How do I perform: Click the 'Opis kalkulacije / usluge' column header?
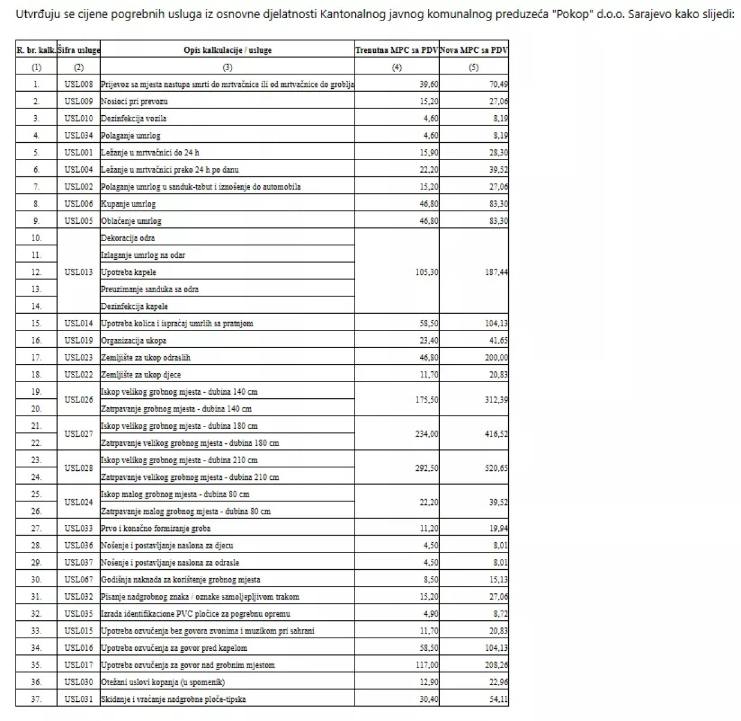pos(227,50)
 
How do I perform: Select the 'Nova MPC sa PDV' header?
pos(473,50)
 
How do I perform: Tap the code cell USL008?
pos(79,85)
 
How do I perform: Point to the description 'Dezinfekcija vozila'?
pos(134,119)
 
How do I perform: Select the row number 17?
pos(36,358)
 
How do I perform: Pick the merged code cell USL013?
pos(79,272)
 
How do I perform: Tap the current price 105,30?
pos(427,272)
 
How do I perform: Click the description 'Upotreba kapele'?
pos(128,272)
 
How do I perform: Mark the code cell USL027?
pos(79,434)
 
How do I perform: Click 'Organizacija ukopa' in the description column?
pos(134,341)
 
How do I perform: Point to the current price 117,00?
pos(427,665)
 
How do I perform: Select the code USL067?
pos(79,580)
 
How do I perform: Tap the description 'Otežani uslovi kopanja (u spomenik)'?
pos(163,682)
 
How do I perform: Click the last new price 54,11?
pos(498,699)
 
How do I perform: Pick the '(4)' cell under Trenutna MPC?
pos(397,68)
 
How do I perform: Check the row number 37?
pos(36,699)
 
